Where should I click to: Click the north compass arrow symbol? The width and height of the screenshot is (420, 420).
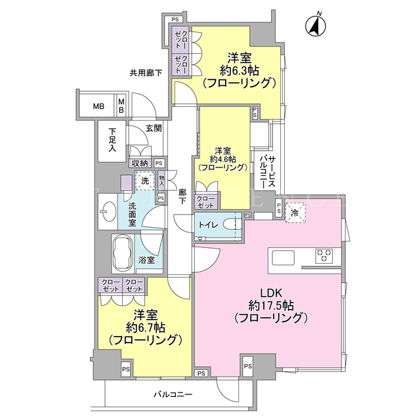pos(316,26)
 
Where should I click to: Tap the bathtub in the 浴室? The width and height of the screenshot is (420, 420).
pos(123,254)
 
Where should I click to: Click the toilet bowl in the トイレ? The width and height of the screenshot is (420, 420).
pos(232,224)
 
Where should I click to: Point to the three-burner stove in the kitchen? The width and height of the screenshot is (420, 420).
pos(324,255)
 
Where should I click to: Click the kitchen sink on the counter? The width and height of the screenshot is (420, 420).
pos(283,258)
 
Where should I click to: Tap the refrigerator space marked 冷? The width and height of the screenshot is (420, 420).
pos(295,213)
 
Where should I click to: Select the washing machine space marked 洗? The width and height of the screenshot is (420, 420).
pos(145,181)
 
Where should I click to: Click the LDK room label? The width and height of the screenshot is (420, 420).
pos(272,293)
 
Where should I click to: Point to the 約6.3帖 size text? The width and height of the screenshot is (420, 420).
pos(239,71)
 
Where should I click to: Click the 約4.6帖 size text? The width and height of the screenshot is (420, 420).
pos(223,159)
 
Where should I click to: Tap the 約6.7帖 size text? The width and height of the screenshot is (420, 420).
pos(146,327)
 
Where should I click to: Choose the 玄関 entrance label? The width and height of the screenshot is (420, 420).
pos(154,129)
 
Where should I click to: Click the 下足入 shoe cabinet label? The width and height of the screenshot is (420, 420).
pos(112,140)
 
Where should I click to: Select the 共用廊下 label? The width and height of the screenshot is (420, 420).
pos(146,73)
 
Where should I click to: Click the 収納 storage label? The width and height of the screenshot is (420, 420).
pos(140,163)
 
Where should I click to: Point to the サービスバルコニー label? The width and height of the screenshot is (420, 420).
pos(267,172)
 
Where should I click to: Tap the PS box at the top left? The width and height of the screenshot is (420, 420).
pos(175,20)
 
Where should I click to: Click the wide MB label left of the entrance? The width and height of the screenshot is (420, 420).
pos(98,106)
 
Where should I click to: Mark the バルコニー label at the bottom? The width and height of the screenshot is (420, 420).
pos(173,394)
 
